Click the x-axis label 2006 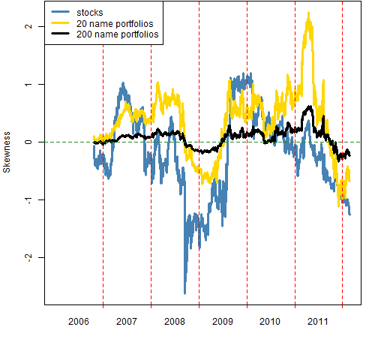79,322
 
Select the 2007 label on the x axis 127,322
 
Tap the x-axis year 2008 175,322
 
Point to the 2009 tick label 223,322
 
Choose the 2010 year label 270,322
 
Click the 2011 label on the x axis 317,322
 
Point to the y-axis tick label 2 29,26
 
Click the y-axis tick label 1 29,84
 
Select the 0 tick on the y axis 29,142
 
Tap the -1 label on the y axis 29,200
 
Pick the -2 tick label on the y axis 29,258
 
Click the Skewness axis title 7,152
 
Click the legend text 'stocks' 90,13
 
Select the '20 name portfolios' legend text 115,24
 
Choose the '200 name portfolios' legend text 118,34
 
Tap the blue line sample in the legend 60,12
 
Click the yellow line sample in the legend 60,23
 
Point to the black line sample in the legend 60,34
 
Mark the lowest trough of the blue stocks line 184,293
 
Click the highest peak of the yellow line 309,13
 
